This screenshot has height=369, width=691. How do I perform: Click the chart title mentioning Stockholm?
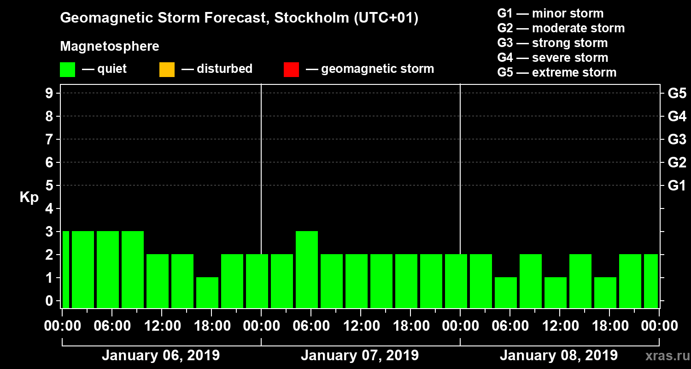(239, 18)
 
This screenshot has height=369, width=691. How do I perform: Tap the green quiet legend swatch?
(67, 70)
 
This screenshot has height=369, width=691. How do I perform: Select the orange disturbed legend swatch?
(167, 70)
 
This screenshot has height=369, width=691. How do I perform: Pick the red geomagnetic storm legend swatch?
(291, 70)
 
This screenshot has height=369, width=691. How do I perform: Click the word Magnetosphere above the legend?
(110, 47)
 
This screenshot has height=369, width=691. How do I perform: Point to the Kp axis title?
(29, 197)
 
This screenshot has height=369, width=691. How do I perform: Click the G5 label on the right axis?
(677, 93)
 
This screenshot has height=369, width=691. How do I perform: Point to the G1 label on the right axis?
(677, 185)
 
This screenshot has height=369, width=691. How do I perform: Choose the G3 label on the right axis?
(677, 139)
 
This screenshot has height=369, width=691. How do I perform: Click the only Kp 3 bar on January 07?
(307, 269)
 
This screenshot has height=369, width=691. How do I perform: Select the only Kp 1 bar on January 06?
(207, 292)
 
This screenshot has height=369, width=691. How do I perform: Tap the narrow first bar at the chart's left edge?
(65, 269)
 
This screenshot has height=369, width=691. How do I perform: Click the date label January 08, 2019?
(558, 356)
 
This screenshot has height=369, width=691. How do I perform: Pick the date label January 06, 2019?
(160, 356)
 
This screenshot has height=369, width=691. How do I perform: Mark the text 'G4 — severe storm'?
(552, 58)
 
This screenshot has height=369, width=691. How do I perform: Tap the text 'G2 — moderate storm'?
(561, 28)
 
